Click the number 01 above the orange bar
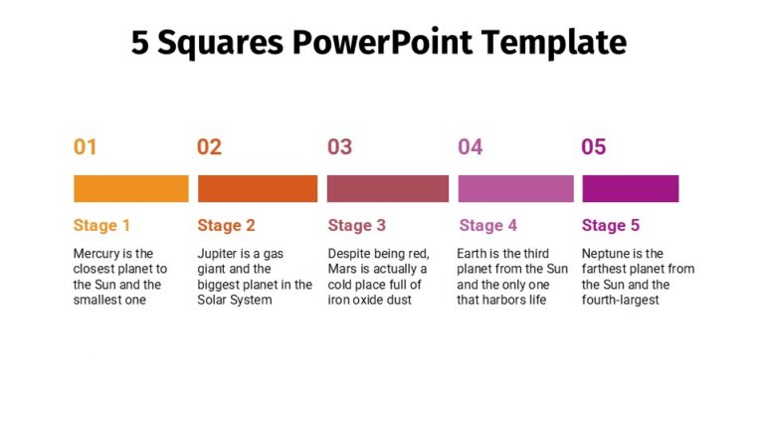86,147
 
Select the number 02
209,147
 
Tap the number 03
340,147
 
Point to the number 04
471,147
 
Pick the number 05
594,147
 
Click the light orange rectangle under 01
131,188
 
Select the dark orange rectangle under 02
258,188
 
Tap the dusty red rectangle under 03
388,188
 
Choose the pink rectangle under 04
515,188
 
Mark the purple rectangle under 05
631,188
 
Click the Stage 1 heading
101,225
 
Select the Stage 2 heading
226,225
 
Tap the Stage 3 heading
357,225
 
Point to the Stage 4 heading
488,225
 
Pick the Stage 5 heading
611,225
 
